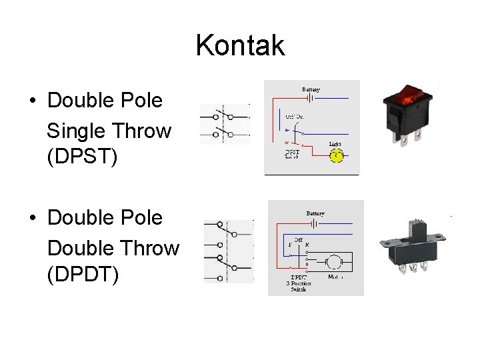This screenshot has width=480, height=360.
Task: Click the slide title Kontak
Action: (240, 46)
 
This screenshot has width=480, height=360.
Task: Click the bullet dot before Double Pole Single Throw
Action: (32, 101)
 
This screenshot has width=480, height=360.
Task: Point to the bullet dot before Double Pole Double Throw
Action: (32, 218)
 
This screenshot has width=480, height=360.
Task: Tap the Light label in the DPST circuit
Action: (336, 144)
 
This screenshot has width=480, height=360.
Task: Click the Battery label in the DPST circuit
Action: (311, 89)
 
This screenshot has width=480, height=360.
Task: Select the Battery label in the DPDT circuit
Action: (315, 213)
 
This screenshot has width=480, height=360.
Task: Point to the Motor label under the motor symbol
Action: (337, 276)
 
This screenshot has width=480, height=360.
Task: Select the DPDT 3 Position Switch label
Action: (299, 283)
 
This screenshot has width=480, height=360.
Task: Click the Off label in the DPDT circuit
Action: (298, 239)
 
